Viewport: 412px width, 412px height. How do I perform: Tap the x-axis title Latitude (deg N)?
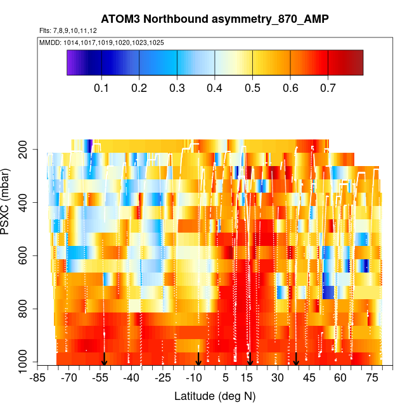215,396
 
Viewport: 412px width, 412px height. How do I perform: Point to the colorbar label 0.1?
101,88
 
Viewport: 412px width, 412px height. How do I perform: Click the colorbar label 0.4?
215,88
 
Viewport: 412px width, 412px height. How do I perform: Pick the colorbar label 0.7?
328,88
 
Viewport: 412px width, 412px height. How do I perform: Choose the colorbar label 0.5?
252,88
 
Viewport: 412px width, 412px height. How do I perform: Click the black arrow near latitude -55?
104,359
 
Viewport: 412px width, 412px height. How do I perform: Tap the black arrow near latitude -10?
198,359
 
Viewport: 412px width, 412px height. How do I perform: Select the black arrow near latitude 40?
296,359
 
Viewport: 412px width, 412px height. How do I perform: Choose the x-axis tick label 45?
309,378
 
